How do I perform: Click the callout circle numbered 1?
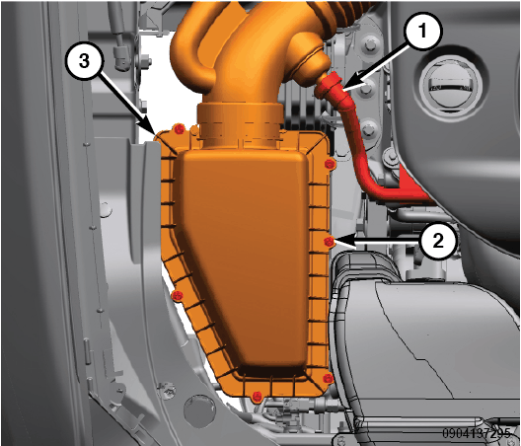pos(422,33)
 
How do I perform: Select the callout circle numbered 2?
pos(438,240)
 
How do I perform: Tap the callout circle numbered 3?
pos(85,61)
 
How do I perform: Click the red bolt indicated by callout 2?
pos(329,242)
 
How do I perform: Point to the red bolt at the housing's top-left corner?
pos(180,129)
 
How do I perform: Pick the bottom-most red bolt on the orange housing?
pos(257,396)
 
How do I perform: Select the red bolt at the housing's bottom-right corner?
pos(328,378)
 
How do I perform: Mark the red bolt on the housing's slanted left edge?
pos(177,295)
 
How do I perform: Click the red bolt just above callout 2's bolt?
pos(329,164)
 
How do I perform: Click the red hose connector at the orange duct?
pos(329,86)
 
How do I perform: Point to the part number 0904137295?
pos(476,433)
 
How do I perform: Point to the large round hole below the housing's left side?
pos(199,408)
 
